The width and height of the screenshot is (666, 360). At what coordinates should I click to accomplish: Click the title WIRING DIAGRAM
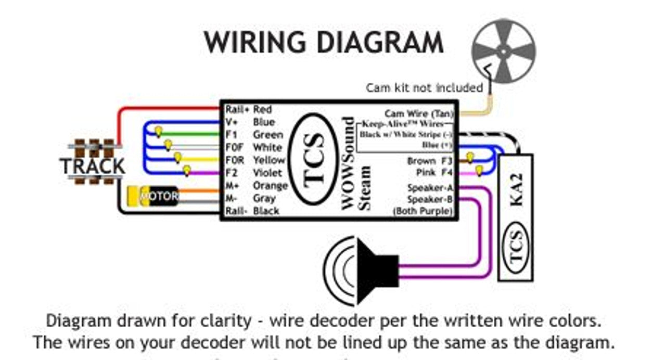click(323, 43)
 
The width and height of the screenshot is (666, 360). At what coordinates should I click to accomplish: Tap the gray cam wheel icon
click(503, 50)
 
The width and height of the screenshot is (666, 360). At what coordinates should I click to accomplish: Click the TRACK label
click(93, 166)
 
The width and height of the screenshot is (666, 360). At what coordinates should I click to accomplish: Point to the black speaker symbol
click(364, 271)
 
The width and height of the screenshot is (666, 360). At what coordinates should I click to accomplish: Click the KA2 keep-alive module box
click(515, 217)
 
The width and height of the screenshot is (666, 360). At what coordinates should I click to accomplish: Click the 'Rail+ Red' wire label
click(249, 110)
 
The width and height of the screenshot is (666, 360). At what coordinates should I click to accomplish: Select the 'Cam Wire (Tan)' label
click(419, 113)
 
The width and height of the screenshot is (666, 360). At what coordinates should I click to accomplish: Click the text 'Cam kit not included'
click(425, 88)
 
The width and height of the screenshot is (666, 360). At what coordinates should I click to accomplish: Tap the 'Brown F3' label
click(430, 161)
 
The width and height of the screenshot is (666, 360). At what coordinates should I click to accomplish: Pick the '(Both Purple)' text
click(422, 211)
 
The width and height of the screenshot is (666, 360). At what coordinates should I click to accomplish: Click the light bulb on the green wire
click(159, 131)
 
